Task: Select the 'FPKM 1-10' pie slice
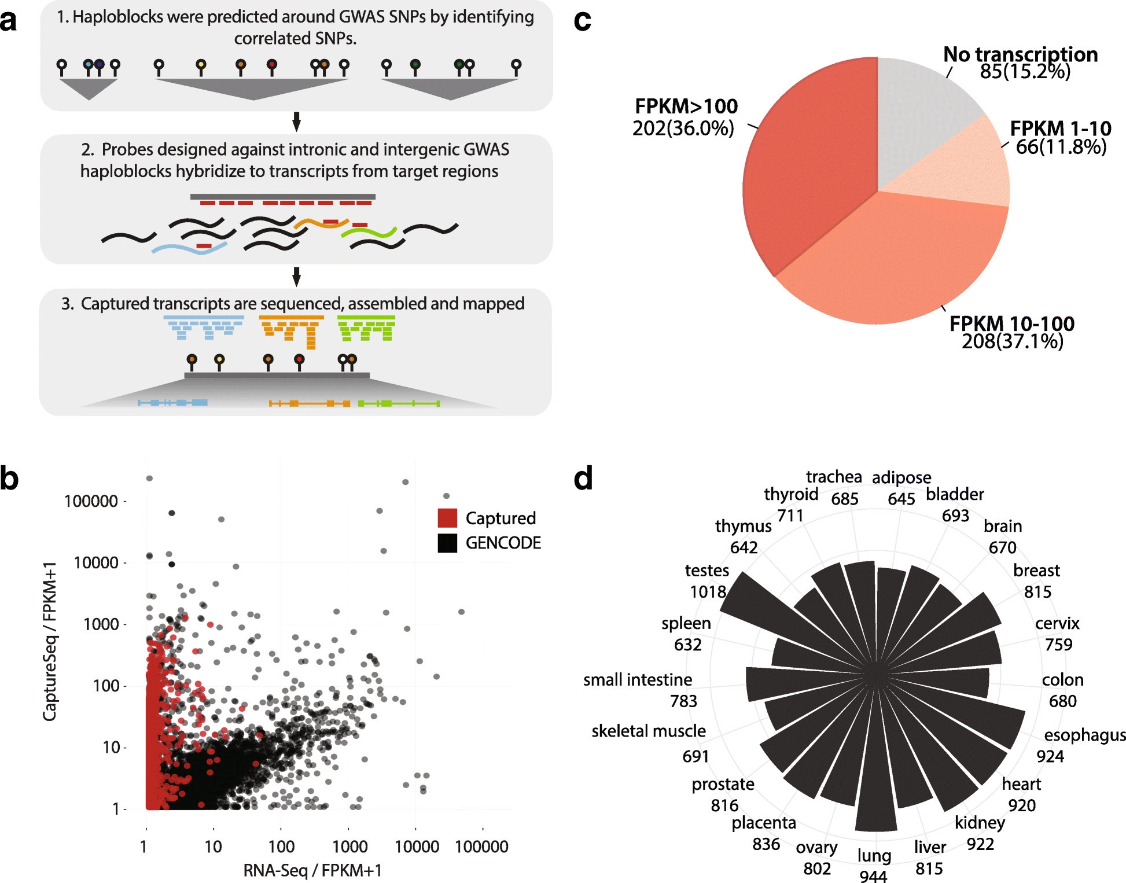tap(961, 168)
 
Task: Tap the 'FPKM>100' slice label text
tap(686, 106)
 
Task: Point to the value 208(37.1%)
tap(1012, 341)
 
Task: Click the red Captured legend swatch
tap(447, 518)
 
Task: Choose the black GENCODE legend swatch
tap(447, 543)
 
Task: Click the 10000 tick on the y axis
tap(96, 562)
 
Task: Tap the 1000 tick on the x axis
tap(349, 847)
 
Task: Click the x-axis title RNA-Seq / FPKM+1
tap(312, 870)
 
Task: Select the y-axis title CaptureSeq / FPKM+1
tap(50, 641)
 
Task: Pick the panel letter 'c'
tap(582, 21)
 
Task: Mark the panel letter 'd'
tap(583, 479)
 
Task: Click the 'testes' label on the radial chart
tap(706, 571)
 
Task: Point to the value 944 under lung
tap(873, 876)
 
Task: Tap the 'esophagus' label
tap(1084, 735)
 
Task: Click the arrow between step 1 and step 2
tap(296, 122)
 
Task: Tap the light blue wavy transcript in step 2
tap(188, 249)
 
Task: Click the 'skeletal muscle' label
tap(648, 731)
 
